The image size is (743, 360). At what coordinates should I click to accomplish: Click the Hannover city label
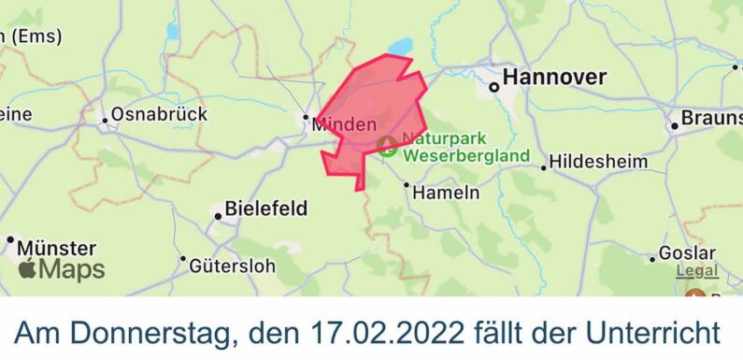pos(555,78)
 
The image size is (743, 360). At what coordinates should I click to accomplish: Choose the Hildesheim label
pos(598,162)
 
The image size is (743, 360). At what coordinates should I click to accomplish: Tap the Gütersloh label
pos(233,266)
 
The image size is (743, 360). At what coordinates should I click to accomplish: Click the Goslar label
pos(687,252)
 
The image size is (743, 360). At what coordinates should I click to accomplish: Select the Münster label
pos(56,249)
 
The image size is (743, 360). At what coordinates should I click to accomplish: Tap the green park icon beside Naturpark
pos(387,145)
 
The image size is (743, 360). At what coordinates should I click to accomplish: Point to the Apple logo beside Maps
pos(28,271)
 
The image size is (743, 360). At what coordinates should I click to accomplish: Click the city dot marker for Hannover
pos(494,87)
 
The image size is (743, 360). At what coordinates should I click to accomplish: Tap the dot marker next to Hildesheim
pos(543,168)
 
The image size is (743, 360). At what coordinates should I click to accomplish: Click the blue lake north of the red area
pos(400,46)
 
